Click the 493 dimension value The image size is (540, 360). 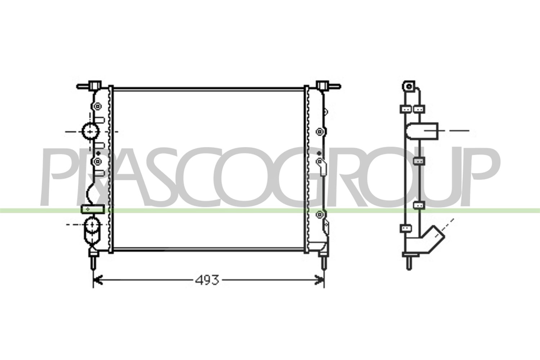(x=207, y=280)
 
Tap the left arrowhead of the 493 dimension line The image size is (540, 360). (x=98, y=280)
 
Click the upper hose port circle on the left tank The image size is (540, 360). (x=91, y=132)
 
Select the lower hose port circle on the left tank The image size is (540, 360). (x=93, y=225)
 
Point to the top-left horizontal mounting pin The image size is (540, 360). (x=83, y=86)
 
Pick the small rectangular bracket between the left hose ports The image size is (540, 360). (x=93, y=209)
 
